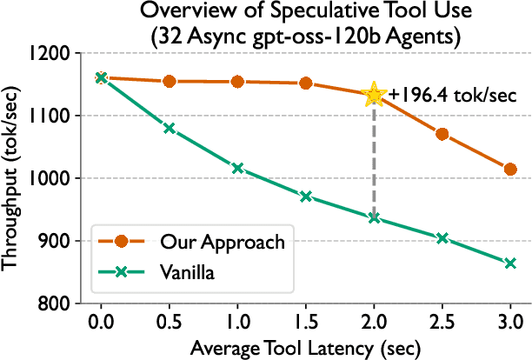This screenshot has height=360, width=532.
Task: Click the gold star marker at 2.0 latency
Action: [x=374, y=95]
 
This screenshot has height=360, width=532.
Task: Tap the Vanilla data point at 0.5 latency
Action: [x=170, y=128]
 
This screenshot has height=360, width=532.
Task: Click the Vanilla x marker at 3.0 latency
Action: [x=510, y=263]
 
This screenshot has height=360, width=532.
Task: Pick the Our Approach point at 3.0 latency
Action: [x=510, y=169]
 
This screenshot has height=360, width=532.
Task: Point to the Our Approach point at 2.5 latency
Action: [x=442, y=134]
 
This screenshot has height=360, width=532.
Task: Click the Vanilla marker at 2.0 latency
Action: [x=374, y=217]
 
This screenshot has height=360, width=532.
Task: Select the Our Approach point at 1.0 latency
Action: [x=237, y=82]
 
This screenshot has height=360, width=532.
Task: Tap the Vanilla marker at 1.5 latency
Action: [x=306, y=197]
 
